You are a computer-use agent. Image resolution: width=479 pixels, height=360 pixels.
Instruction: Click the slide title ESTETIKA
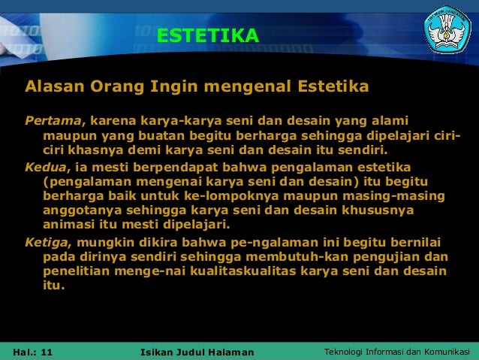click(208, 35)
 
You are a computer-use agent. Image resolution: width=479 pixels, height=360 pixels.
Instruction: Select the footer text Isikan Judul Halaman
click(197, 352)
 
